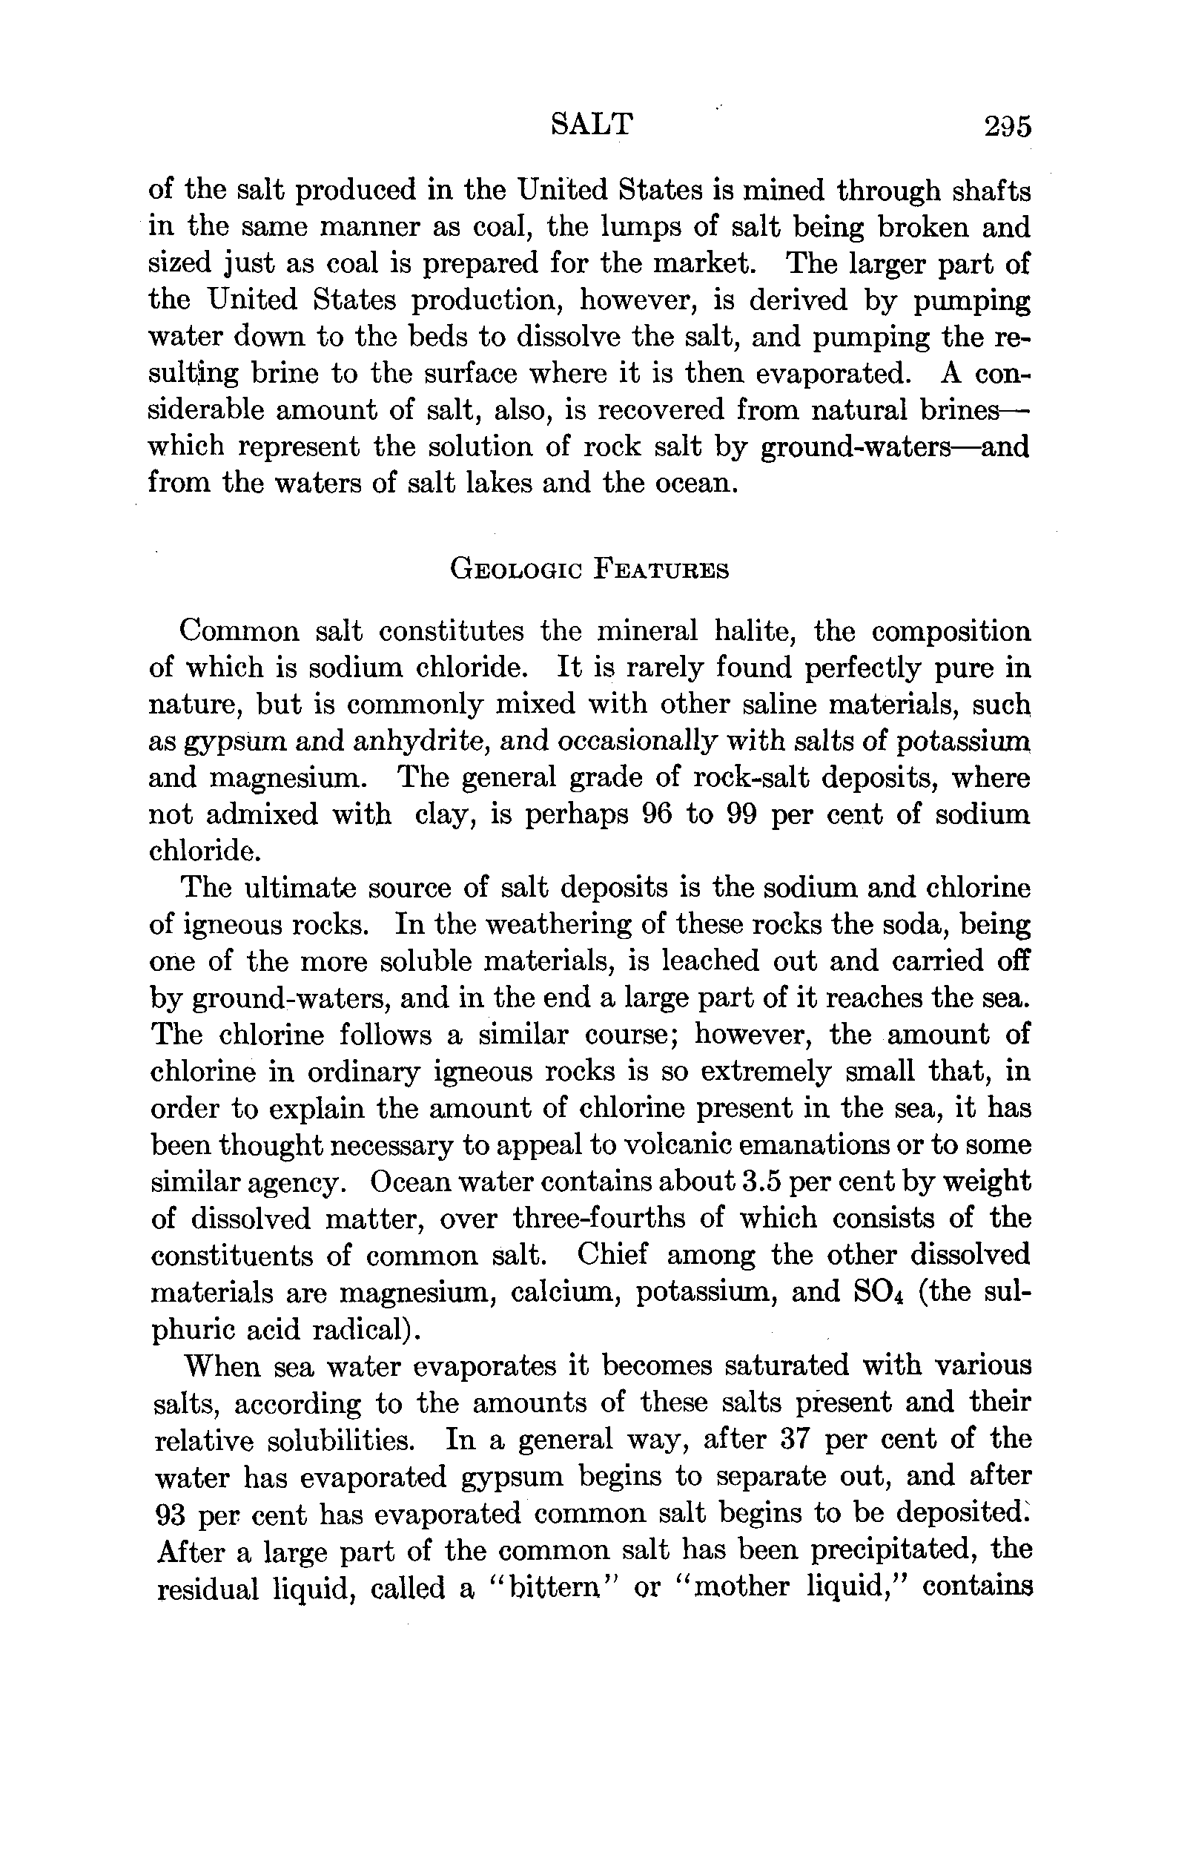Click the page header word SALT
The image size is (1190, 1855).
(591, 125)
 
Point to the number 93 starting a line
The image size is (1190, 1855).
(170, 1513)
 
